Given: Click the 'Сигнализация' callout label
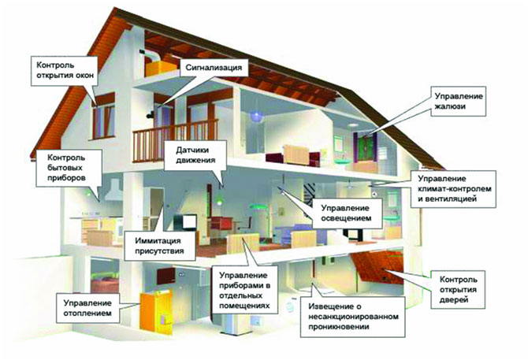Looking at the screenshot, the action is coord(214,69).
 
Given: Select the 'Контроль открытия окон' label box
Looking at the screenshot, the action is coord(65,71).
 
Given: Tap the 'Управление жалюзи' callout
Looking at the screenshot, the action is coord(459,102).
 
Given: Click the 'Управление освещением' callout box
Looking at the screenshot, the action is coord(346,213).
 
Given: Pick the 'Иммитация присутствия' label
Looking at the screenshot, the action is coord(160,246).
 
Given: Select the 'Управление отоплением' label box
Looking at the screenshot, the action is coord(87,308).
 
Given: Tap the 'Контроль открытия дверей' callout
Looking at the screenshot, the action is coord(458,290).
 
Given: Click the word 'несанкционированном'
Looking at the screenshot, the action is coord(353,317).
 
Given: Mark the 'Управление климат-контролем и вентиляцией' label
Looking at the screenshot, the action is coord(453,189).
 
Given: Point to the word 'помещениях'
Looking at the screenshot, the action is coord(244,306).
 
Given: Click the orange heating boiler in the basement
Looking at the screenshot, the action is coord(156,312).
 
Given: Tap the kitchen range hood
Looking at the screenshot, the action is coord(114,191).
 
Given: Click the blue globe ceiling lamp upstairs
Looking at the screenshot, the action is coord(256,116).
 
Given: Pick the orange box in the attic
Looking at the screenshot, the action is coord(161,69).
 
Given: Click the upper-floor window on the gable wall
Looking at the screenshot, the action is coord(104,121).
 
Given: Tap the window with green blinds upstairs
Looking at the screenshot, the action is coord(366,147).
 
